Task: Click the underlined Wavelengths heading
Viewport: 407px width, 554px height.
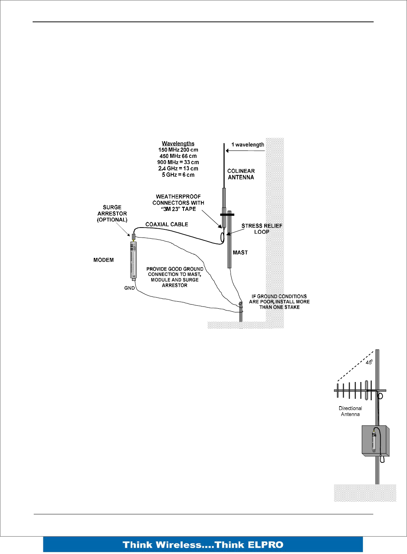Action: coord(178,143)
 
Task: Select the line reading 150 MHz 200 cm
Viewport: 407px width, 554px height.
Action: coord(178,150)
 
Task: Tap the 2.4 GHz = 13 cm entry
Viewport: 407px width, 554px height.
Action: coord(178,169)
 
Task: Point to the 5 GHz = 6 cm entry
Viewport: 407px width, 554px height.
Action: coord(178,175)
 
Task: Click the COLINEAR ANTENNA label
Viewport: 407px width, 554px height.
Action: coord(241,174)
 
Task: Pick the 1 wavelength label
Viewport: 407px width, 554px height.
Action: coord(248,145)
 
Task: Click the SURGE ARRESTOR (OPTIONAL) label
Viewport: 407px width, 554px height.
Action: coord(112,213)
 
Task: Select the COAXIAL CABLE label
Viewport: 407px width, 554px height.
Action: coord(166,224)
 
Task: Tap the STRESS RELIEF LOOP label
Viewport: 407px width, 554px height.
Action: coord(262,229)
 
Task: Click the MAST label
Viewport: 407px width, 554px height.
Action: coord(240,252)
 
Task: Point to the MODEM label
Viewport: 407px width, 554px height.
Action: coord(103,260)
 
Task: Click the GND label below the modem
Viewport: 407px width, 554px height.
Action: coord(129,288)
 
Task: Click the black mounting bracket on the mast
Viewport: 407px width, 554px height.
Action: coord(227,215)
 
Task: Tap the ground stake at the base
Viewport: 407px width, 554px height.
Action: coord(241,311)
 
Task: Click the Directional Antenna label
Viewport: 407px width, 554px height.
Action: coord(350,411)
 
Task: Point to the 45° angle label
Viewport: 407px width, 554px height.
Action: coord(369,362)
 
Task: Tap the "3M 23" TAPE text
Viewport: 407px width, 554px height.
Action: coord(178,209)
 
